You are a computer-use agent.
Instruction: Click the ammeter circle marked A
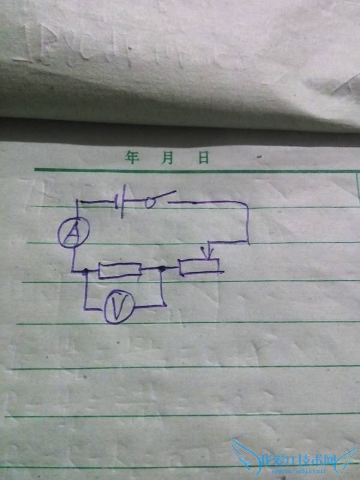74,233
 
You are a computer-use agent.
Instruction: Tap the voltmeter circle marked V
118,308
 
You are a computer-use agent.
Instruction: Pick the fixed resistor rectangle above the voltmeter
120,271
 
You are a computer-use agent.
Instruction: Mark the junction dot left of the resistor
86,272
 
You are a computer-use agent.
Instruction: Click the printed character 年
132,158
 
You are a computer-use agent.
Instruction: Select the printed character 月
167,158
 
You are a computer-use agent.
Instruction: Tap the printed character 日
203,158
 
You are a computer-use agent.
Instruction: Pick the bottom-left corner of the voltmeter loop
85,310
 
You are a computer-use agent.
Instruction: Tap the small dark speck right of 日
259,157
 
